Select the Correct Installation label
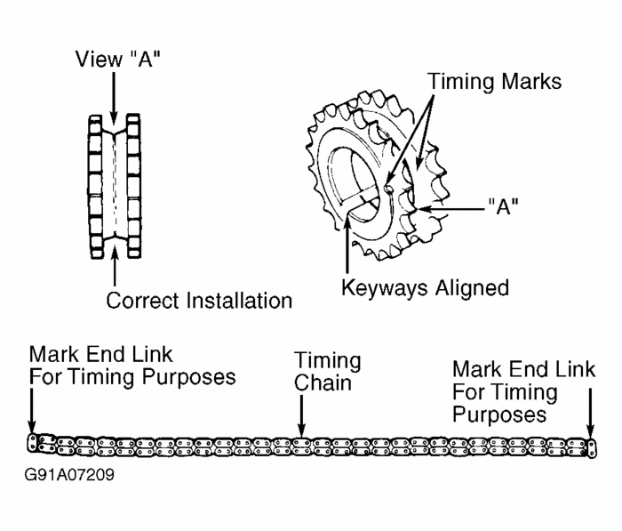click(x=199, y=301)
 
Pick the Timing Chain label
click(x=328, y=372)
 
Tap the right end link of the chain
click(x=590, y=444)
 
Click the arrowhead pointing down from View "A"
click(x=113, y=115)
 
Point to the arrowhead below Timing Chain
click(x=302, y=427)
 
